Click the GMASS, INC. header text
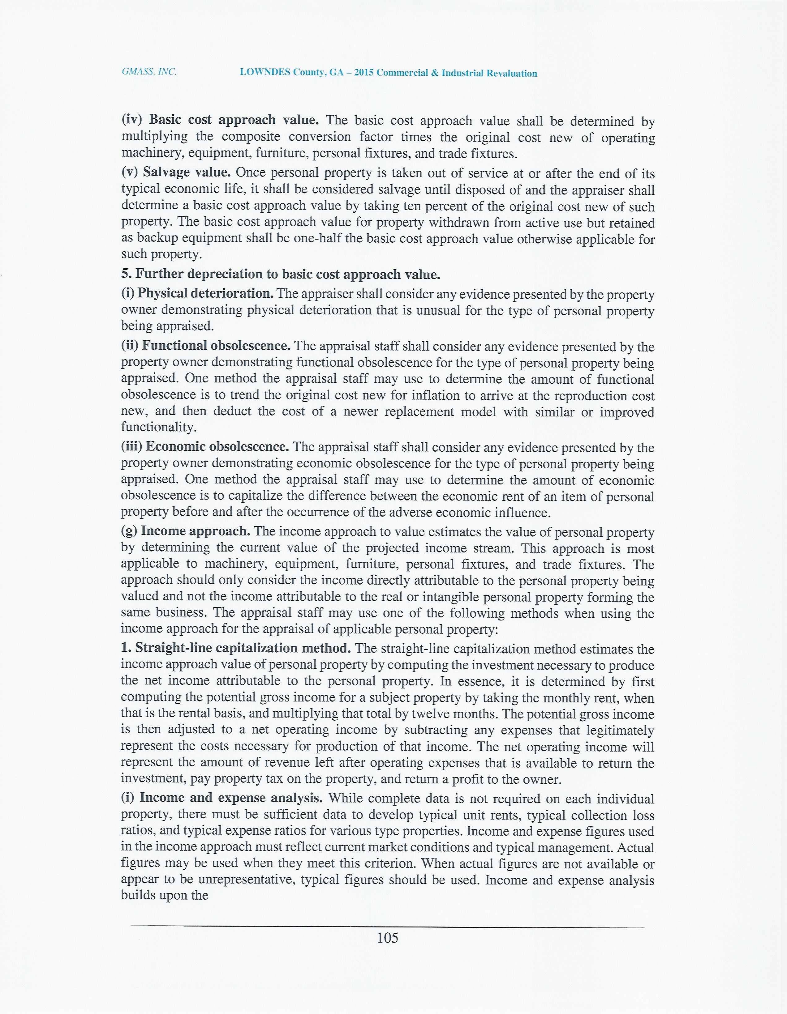pos(149,72)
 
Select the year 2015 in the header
pos(364,73)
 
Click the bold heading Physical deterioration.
pos(205,293)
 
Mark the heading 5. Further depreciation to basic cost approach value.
pos(281,275)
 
